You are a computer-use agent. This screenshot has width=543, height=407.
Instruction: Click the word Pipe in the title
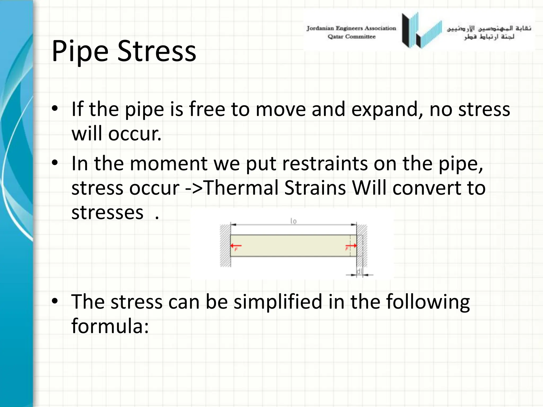(x=80, y=51)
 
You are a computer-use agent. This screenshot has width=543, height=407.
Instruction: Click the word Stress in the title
(x=156, y=51)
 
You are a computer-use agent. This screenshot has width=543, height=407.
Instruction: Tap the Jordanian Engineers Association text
(x=351, y=28)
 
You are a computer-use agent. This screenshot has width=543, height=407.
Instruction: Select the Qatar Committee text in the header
(x=352, y=37)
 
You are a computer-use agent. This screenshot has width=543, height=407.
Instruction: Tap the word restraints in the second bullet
(x=325, y=163)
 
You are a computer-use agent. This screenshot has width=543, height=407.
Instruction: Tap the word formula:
(x=110, y=326)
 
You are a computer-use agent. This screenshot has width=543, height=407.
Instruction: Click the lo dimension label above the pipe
(x=294, y=221)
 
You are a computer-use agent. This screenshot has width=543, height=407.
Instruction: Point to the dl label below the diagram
(x=360, y=271)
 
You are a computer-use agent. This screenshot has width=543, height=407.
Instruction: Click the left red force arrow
(x=236, y=246)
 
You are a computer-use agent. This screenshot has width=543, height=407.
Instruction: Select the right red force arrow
(x=351, y=246)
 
